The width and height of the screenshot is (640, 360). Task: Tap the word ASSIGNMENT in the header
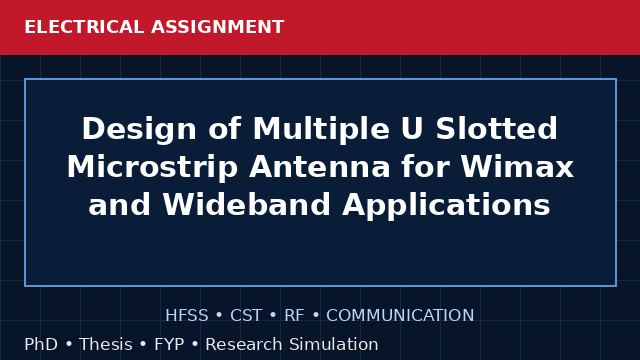[218, 27]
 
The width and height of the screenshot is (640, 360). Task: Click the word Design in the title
[139, 130]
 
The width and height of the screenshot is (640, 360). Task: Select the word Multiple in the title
[321, 130]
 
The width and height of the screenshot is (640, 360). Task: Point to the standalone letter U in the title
[411, 129]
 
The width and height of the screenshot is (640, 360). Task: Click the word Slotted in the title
[496, 129]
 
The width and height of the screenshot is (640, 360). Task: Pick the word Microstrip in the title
[153, 167]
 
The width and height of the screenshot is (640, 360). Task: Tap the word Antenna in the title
[320, 167]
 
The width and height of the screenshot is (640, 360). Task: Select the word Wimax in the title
[517, 167]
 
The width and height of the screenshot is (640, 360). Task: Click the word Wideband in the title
[247, 204]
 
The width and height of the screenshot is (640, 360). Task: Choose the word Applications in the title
[446, 206]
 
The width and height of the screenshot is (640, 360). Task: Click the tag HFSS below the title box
[187, 316]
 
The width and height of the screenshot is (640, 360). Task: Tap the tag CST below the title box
[246, 316]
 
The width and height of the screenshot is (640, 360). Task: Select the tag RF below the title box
[294, 316]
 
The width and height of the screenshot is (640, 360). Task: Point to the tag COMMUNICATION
[400, 316]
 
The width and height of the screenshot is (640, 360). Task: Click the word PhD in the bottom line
[41, 344]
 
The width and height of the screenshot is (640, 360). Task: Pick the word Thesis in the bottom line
[106, 344]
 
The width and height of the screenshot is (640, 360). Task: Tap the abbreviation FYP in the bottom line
[169, 344]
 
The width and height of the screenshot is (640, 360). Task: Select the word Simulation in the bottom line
[334, 344]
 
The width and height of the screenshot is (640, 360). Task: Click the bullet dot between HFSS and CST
[219, 316]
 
